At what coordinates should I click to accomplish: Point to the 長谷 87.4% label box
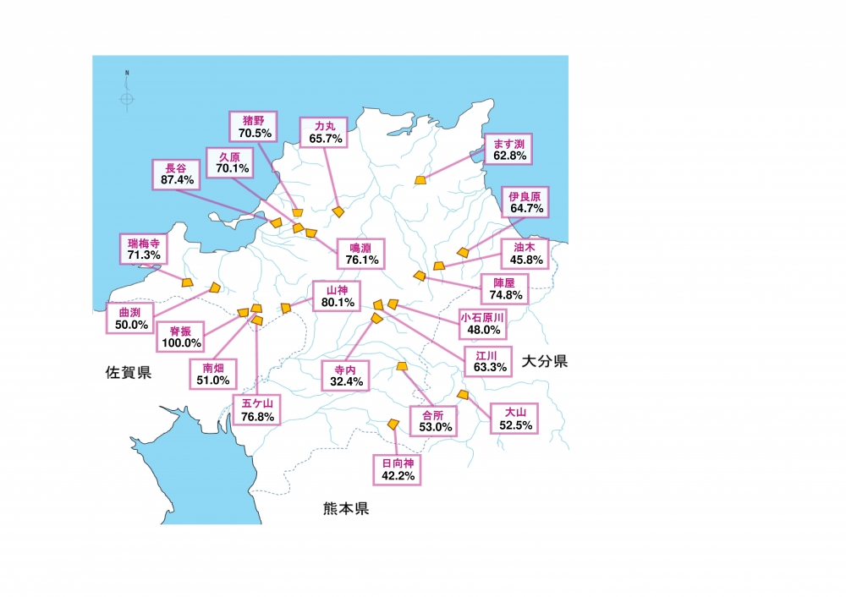(176, 173)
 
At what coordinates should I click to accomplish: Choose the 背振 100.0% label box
(180, 337)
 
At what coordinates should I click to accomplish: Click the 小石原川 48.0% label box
(481, 323)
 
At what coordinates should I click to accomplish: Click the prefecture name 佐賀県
(129, 372)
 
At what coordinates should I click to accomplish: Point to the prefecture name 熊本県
(346, 509)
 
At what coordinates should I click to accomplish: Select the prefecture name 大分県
(544, 361)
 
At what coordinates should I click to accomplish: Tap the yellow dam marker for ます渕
(421, 179)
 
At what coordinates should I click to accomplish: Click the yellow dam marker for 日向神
(393, 423)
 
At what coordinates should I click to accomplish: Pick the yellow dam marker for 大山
(462, 394)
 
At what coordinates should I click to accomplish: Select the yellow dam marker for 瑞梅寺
(187, 282)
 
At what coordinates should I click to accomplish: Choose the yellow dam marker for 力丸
(338, 211)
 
